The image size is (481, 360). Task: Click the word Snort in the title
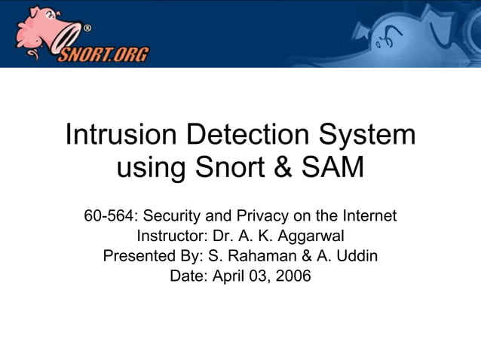pos(224,167)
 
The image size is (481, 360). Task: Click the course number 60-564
pos(106,217)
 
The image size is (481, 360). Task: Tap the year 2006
pos(293,276)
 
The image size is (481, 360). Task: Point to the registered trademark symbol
pos(87,28)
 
